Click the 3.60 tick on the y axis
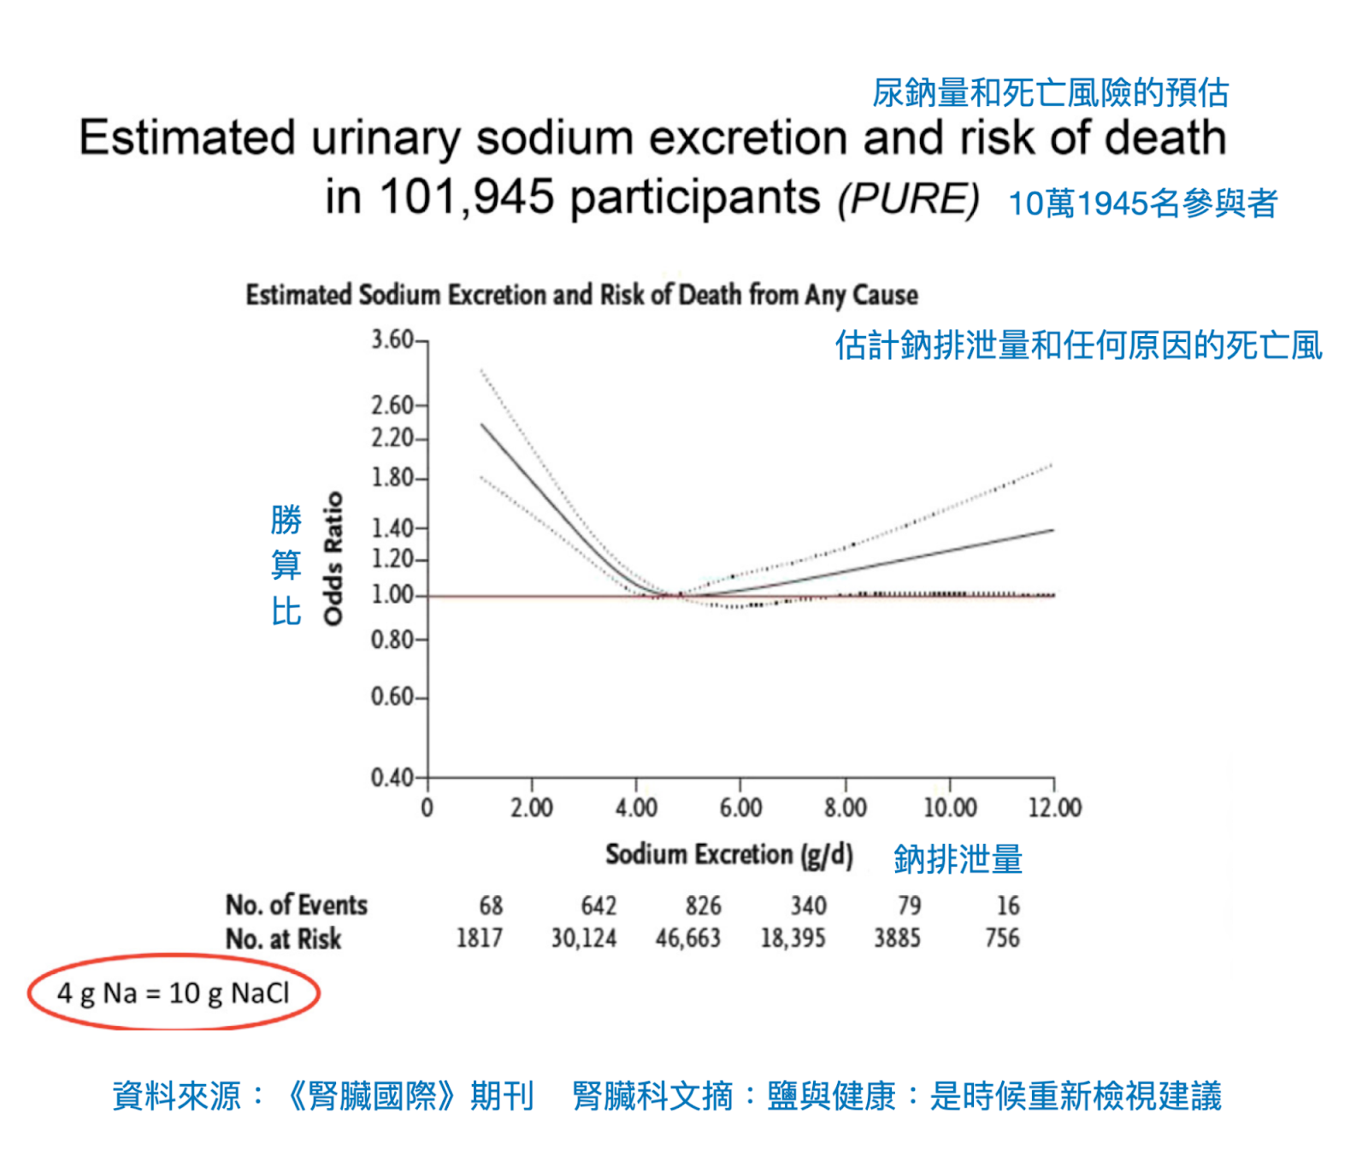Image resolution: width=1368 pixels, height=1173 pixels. (x=392, y=340)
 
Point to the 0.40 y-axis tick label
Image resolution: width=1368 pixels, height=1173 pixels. (x=392, y=778)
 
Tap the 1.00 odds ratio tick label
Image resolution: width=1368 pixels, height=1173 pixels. (x=392, y=595)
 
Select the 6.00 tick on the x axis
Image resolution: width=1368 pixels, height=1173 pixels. (x=740, y=808)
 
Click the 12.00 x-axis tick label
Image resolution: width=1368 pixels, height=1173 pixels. (x=1054, y=808)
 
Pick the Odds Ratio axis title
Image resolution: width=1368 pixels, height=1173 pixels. (x=333, y=558)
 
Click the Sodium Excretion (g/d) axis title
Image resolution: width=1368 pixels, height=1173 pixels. (x=729, y=855)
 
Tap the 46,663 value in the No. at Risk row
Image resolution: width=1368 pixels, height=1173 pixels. (x=687, y=939)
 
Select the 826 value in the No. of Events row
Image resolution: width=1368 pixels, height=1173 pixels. (x=703, y=905)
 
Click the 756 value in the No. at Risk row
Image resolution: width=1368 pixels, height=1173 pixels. (x=1002, y=939)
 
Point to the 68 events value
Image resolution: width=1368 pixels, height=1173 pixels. (x=491, y=905)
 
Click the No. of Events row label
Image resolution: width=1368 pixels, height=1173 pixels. (x=296, y=905)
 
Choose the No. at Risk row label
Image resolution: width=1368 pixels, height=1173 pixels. (x=283, y=939)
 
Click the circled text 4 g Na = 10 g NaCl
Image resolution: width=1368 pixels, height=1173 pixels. (x=174, y=993)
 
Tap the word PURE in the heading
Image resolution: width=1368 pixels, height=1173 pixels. (x=908, y=199)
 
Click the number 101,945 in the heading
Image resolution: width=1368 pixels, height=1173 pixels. (x=466, y=197)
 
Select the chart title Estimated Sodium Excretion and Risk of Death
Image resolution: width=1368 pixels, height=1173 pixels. (x=581, y=295)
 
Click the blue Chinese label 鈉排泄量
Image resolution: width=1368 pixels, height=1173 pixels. (x=958, y=859)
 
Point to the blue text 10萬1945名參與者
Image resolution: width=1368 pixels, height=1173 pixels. (x=1142, y=203)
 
